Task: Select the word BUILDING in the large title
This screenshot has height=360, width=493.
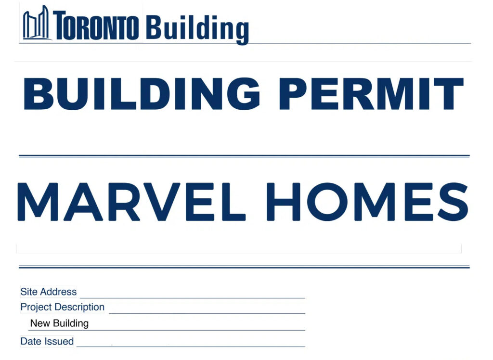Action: (142, 94)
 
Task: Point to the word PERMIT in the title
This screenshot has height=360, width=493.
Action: (371, 94)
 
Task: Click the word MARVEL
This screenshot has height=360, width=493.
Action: (131, 202)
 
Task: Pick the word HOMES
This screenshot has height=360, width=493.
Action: (367, 202)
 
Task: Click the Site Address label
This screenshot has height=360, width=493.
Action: (49, 292)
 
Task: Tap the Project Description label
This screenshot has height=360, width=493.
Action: (62, 307)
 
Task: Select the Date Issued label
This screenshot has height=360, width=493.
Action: (47, 341)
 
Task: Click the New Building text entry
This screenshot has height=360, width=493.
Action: (59, 323)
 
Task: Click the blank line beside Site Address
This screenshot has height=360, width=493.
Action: (193, 297)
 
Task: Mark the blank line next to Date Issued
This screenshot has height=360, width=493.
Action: (191, 347)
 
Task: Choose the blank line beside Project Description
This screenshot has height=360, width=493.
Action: (207, 313)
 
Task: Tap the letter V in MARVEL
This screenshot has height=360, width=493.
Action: (160, 202)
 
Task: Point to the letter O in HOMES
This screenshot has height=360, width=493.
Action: (328, 202)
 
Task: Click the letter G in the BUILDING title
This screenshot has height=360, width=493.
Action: (244, 94)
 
